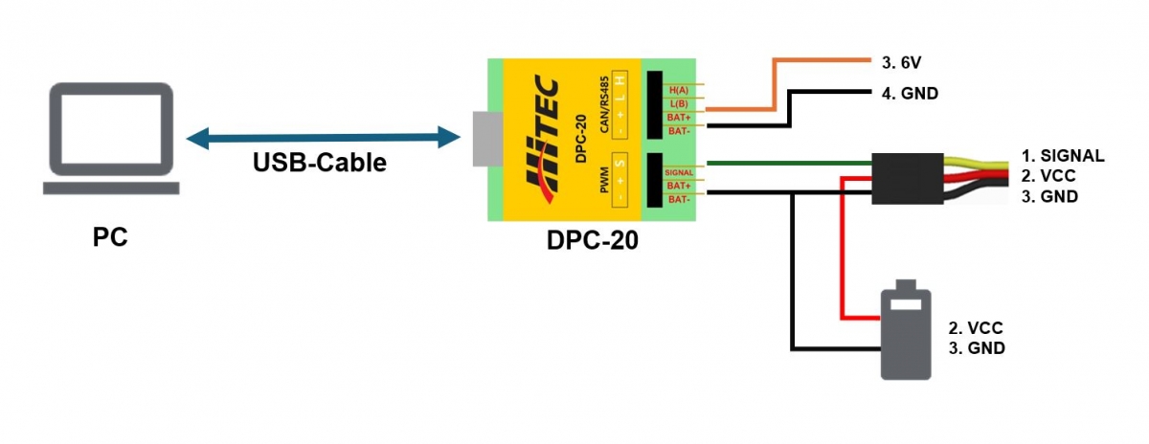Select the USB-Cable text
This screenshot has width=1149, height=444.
click(319, 163)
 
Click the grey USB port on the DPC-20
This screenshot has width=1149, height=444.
click(485, 139)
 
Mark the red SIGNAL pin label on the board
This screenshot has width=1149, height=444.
click(678, 172)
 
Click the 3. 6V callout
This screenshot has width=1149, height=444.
click(901, 63)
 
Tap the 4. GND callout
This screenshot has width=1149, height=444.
click(909, 94)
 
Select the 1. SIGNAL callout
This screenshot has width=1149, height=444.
click(1061, 155)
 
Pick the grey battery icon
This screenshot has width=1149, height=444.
click(905, 329)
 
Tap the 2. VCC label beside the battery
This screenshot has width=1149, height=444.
click(976, 327)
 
